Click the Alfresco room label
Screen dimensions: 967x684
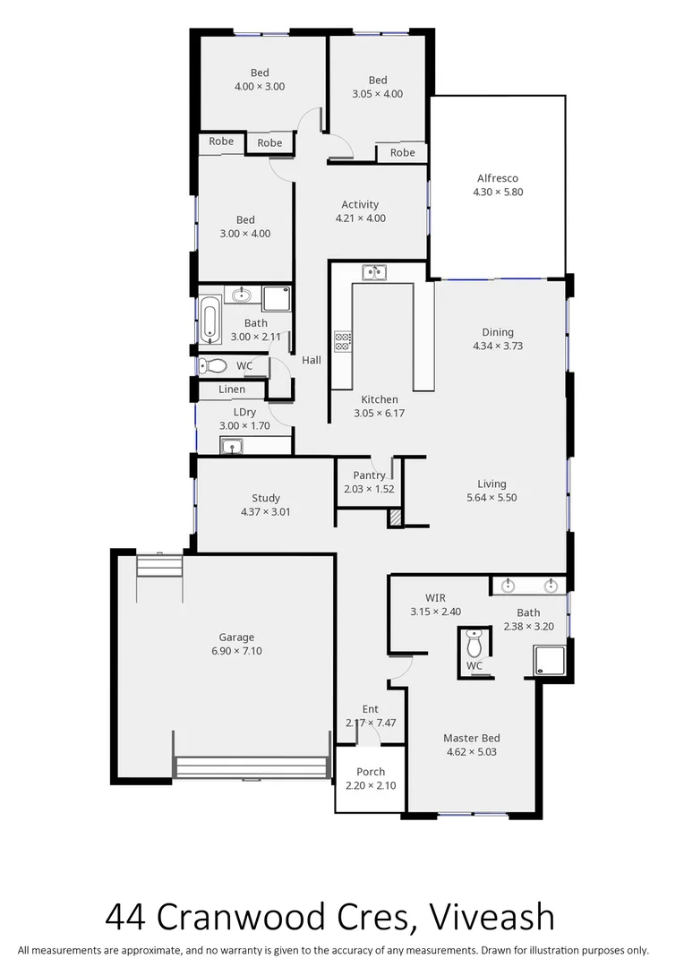(x=497, y=178)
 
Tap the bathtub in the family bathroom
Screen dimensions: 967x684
(x=210, y=320)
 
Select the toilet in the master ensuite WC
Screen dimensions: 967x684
(x=475, y=644)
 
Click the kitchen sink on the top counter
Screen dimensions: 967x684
(x=373, y=272)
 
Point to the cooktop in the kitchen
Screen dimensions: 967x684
(x=342, y=340)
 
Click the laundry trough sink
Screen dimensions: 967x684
(x=233, y=445)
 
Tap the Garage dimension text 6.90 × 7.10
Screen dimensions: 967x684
(x=236, y=651)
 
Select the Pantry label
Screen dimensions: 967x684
(x=369, y=475)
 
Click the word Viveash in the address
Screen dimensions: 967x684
(x=492, y=917)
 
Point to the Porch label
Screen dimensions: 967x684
(x=371, y=772)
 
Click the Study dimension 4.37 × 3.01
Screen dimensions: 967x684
(x=266, y=512)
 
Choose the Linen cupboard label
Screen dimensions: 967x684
(x=232, y=389)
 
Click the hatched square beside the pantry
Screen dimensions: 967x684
(x=395, y=518)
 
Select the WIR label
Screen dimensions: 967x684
(x=435, y=598)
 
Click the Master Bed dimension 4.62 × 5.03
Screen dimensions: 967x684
(x=471, y=752)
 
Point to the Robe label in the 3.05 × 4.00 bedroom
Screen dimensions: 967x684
(x=403, y=153)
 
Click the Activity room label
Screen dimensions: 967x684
(x=360, y=204)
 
